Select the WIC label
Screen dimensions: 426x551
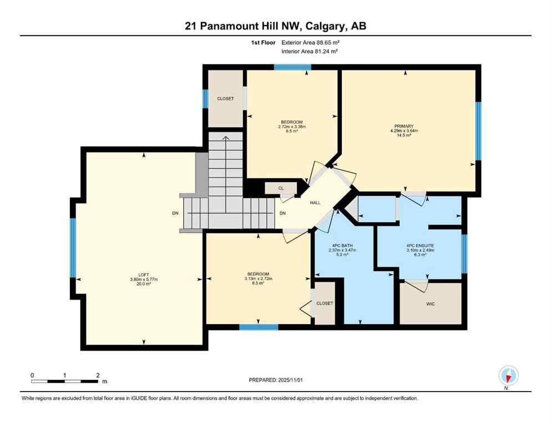(x=431, y=304)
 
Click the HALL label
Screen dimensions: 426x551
(x=315, y=203)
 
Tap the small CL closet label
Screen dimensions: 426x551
(x=281, y=189)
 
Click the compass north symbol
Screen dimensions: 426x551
(x=508, y=376)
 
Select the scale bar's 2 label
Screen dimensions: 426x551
(x=98, y=375)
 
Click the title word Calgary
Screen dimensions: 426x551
(x=328, y=26)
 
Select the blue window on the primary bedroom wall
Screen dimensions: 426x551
(x=478, y=130)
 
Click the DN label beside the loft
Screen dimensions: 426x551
(x=175, y=214)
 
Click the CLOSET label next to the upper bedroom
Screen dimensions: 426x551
(x=225, y=99)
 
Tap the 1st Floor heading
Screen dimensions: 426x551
(x=264, y=42)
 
